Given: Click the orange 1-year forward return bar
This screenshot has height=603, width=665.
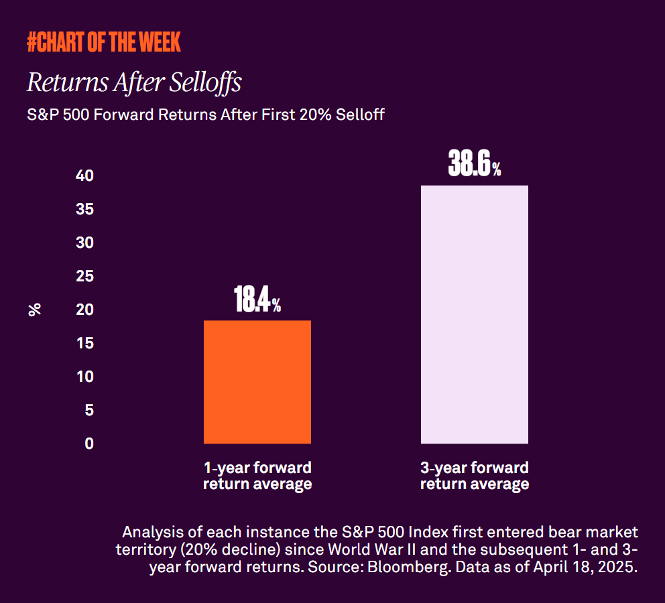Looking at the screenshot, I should tap(257, 382).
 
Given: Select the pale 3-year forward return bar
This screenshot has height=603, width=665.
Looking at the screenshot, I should tap(474, 314).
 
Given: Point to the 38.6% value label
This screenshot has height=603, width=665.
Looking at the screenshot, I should tap(474, 164).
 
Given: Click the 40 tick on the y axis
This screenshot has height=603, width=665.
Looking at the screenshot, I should tap(84, 176).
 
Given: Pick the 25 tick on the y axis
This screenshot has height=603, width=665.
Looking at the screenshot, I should tap(84, 277).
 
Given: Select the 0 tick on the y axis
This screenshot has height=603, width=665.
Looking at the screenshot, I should tap(89, 444).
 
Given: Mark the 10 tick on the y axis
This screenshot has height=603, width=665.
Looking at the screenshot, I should tap(84, 377).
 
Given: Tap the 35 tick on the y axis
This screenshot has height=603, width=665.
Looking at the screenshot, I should tap(84, 210).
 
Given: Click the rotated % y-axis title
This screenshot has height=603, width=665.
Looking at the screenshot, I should tap(35, 310).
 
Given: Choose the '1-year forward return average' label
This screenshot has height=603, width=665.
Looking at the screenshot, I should tap(257, 476).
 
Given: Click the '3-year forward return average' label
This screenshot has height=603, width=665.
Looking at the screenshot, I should tap(474, 476).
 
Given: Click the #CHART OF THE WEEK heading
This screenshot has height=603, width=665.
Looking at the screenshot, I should tap(104, 43).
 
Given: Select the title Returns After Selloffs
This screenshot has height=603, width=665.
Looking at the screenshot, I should tap(134, 84).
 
